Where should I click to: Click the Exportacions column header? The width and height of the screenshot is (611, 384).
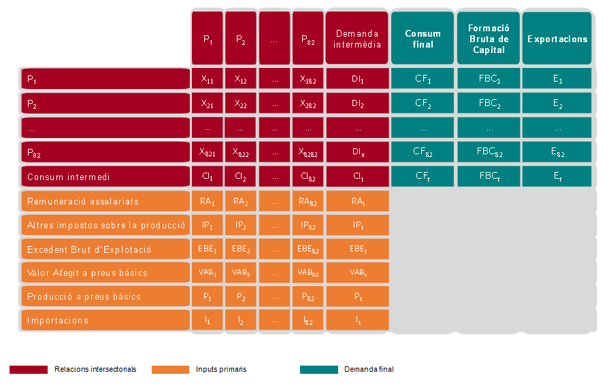coord(557,39)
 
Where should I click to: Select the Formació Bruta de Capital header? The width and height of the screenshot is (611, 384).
coord(489,39)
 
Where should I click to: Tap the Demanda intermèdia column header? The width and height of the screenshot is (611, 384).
coord(357,39)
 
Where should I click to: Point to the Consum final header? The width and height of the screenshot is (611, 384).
coord(423,39)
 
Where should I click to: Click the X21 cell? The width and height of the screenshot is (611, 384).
coord(208,103)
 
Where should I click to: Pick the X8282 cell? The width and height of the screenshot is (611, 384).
coord(308,152)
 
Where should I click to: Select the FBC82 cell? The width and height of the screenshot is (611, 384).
coord(489,152)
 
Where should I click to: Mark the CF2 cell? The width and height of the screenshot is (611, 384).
coord(423,103)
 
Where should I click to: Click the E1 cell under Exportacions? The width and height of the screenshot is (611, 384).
coord(557,79)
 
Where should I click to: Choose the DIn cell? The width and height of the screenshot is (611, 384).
coord(357,152)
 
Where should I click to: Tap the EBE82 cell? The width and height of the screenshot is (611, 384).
coord(308,249)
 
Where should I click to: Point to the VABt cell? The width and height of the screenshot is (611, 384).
coord(357,273)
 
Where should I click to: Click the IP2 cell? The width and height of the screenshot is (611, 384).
coord(241,225)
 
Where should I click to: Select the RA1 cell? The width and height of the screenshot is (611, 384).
coord(208,201)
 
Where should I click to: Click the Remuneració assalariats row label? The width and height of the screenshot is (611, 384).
coord(104,201)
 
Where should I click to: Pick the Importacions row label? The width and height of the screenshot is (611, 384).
coord(104,320)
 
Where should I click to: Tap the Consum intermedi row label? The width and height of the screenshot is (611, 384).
coord(104,177)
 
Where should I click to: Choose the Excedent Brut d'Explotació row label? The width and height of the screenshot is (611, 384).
coord(104,249)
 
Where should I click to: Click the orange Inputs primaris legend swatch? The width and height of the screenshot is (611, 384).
coord(170,370)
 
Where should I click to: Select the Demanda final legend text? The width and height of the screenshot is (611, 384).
coord(369,370)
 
